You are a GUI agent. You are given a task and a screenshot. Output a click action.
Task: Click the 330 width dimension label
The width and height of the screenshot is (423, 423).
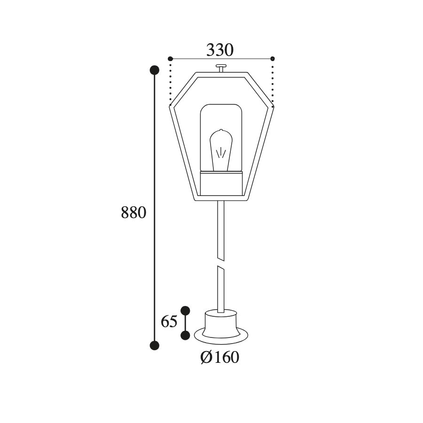point(220,50)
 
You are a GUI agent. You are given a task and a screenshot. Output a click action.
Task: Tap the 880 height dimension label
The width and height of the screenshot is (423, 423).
point(133,212)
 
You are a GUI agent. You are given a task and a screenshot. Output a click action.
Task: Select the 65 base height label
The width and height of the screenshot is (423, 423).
point(169,321)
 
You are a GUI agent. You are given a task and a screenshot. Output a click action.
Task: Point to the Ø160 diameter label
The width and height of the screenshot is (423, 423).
point(220,358)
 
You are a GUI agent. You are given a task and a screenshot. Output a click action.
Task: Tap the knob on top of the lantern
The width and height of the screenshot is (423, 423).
point(221,68)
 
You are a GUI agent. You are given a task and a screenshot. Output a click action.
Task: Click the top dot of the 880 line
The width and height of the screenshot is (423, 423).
point(155,70)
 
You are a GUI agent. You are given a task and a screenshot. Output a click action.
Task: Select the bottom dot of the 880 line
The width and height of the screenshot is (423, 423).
point(155,345)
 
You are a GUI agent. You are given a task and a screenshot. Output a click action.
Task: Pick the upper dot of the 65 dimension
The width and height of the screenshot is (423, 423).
point(185,311)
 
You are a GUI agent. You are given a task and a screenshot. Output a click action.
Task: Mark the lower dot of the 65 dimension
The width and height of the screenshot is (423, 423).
point(185,336)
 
